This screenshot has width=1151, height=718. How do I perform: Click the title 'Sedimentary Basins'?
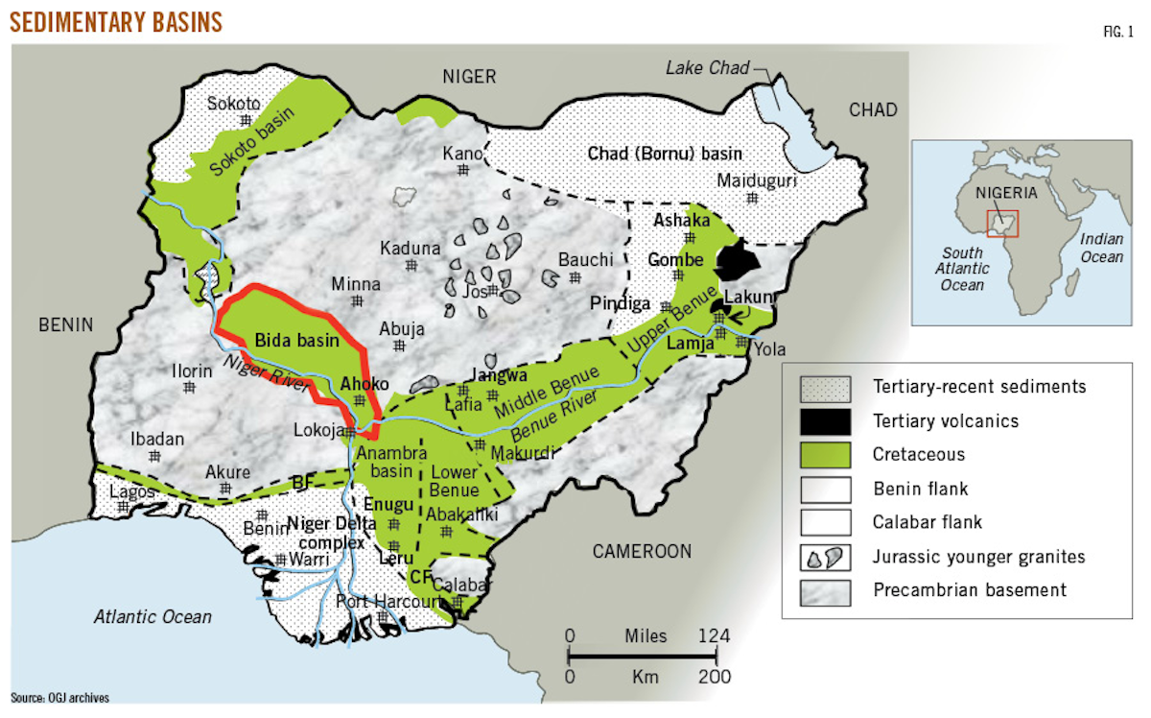coord(116,21)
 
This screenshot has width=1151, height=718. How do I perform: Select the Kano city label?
coord(462,154)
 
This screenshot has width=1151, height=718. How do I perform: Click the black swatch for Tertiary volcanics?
coord(827,420)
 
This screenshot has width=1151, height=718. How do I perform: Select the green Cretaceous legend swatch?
coord(827,455)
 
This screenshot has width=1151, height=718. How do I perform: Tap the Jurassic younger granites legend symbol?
coord(827,556)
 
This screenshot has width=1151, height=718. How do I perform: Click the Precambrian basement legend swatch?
coord(827,589)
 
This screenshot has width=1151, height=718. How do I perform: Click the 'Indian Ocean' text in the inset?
coord(1101,248)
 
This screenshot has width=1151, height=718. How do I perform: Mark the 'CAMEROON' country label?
coord(642,551)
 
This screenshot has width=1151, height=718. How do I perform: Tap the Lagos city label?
coord(132,491)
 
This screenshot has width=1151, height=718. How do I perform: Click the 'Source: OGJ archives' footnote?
coord(59,698)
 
